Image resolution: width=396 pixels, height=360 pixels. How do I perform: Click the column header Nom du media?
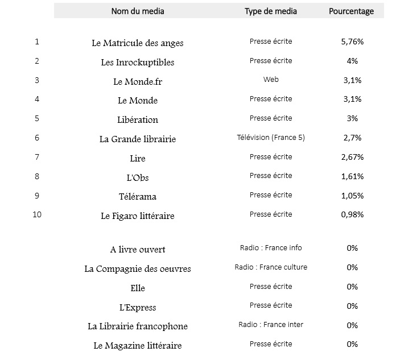pyautogui.click(x=138, y=11)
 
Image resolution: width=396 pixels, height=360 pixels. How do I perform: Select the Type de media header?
pyautogui.click(x=271, y=11)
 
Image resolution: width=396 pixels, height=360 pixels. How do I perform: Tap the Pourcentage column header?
pyautogui.click(x=352, y=11)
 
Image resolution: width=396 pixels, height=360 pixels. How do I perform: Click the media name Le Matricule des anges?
pyautogui.click(x=138, y=43)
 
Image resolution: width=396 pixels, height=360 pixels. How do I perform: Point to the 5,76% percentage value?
pyautogui.click(x=352, y=42)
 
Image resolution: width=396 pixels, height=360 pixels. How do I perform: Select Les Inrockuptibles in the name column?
pyautogui.click(x=138, y=62)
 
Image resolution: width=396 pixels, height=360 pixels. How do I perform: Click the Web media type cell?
pyautogui.click(x=271, y=80)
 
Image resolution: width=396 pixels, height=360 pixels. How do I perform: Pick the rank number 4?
pyautogui.click(x=37, y=99)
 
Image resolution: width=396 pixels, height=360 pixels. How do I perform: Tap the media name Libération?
pyautogui.click(x=138, y=119)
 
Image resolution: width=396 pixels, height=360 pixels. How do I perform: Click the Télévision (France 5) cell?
pyautogui.click(x=271, y=138)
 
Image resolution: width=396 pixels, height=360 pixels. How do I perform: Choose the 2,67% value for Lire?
pyautogui.click(x=352, y=157)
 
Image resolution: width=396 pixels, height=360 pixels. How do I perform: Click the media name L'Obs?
pyautogui.click(x=138, y=177)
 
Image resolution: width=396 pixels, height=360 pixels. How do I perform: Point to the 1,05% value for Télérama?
pyautogui.click(x=352, y=196)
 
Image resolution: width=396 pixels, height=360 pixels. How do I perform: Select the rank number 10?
pyautogui.click(x=37, y=215)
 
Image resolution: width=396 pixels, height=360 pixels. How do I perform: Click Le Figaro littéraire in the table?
pyautogui.click(x=138, y=216)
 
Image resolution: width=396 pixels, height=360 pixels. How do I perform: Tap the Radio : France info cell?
pyautogui.click(x=271, y=248)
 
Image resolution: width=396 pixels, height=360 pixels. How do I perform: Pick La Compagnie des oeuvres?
pyautogui.click(x=138, y=268)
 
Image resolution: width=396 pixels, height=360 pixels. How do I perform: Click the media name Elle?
pyautogui.click(x=138, y=288)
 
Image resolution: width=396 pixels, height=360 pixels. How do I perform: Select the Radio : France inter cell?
pyautogui.click(x=271, y=325)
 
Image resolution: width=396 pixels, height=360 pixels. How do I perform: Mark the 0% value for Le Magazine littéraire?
pyautogui.click(x=352, y=344)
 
